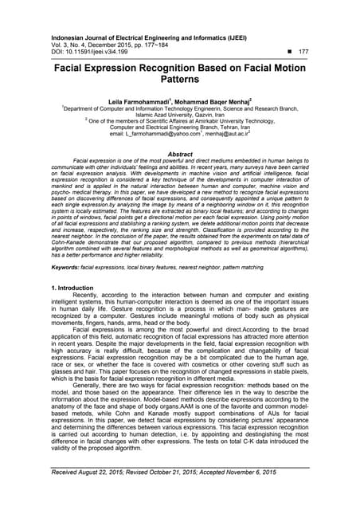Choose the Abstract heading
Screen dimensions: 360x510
pos(179,154)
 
